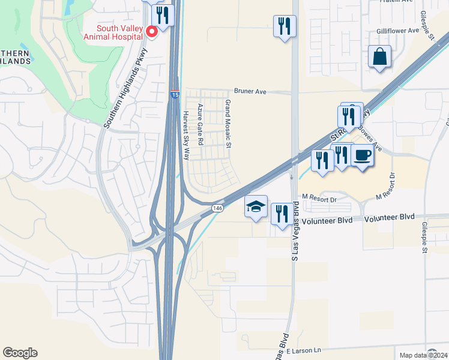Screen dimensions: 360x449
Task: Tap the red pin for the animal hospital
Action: point(152,31)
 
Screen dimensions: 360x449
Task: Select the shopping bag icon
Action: point(379,57)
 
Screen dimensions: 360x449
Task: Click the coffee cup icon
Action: point(362,156)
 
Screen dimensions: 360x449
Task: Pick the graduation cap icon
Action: point(256,206)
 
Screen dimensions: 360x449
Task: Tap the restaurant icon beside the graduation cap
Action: point(282,214)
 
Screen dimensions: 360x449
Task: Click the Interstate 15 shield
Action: point(174,95)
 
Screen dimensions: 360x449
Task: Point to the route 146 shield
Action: point(217,208)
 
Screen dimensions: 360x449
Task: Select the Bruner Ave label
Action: point(250,92)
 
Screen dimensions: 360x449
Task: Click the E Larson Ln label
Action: point(304,350)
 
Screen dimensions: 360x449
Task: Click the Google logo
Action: point(20,353)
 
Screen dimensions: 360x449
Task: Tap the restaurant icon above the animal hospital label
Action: point(163,14)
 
